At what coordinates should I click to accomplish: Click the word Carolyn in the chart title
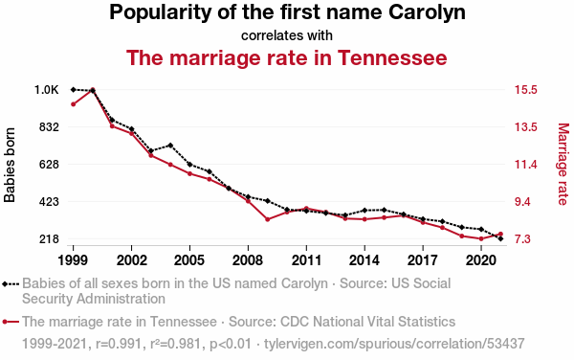tap(427, 12)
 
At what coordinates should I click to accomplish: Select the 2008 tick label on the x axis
tap(248, 260)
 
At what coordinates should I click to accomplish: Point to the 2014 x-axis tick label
tap(364, 260)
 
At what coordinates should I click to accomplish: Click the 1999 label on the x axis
tap(73, 260)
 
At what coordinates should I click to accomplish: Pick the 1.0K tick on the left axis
tap(47, 90)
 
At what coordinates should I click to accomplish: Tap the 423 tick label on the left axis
tap(49, 202)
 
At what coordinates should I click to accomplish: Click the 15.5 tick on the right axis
tap(526, 90)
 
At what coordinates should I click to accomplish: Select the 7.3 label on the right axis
tap(522, 239)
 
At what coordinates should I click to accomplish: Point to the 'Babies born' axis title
tap(10, 165)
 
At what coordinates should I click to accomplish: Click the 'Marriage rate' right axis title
tap(563, 164)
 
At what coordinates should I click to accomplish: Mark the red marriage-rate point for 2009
tap(267, 219)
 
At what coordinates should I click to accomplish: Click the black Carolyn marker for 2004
tap(170, 146)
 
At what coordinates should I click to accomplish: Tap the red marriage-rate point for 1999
tap(74, 104)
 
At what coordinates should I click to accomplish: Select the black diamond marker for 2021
tap(500, 238)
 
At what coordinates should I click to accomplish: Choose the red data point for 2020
tap(481, 238)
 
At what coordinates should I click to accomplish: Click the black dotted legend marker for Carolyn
tap(11, 283)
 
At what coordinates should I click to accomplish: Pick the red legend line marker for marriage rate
tap(11, 322)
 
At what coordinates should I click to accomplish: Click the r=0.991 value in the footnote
tap(119, 344)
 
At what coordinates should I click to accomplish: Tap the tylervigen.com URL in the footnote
tap(394, 344)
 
